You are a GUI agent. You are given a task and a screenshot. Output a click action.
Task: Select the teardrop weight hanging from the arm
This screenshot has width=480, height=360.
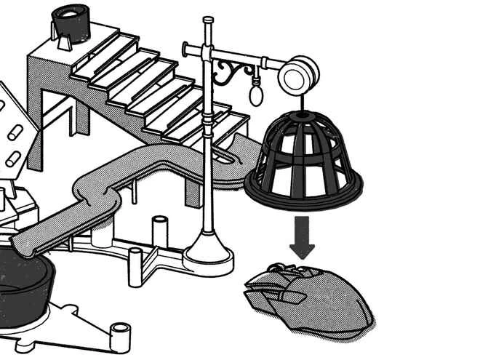click(x=256, y=94)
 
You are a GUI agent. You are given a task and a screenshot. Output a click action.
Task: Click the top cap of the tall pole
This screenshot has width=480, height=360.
click(x=209, y=20)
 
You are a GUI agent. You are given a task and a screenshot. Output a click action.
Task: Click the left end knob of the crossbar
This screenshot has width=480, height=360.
click(x=186, y=49)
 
